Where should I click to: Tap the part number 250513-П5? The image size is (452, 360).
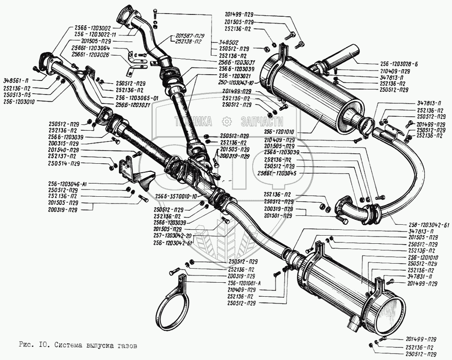[21, 95]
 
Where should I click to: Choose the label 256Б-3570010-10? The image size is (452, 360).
[175, 196]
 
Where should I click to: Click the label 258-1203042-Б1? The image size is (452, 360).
[421, 225]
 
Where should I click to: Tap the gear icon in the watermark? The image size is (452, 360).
[226, 121]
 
